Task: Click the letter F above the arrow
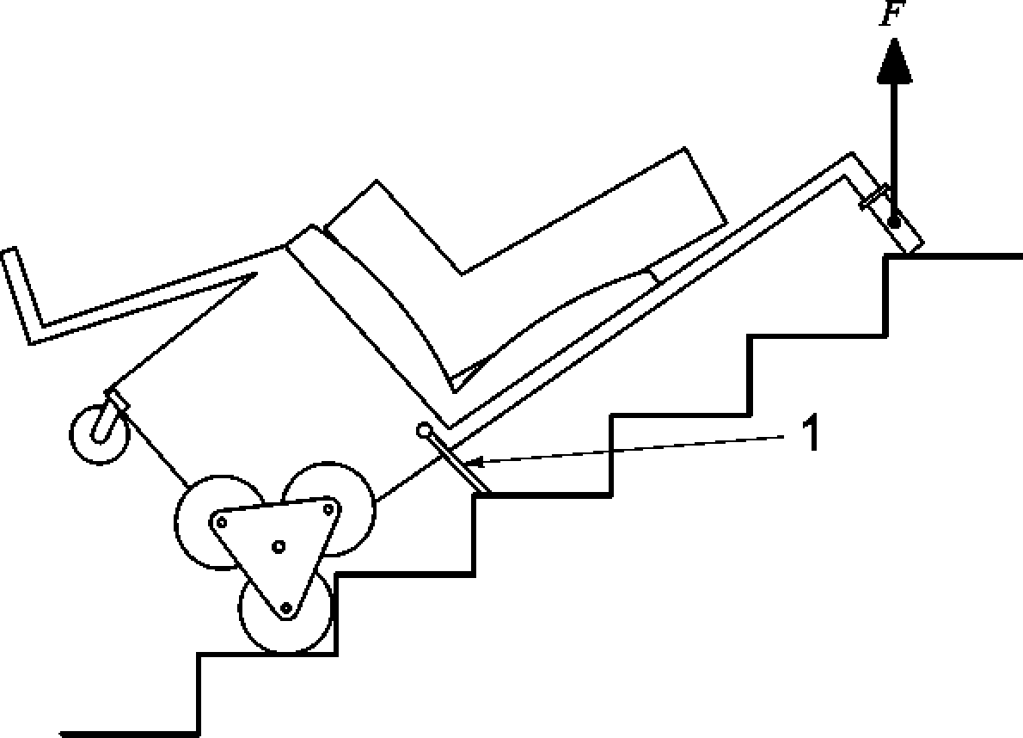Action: pos(890,15)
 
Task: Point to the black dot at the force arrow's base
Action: pos(894,223)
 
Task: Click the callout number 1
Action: pos(808,434)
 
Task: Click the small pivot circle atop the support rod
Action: pos(424,429)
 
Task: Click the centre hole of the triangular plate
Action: pos(278,545)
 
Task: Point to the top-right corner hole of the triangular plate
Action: pos(328,509)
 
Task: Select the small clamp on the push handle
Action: pos(874,197)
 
